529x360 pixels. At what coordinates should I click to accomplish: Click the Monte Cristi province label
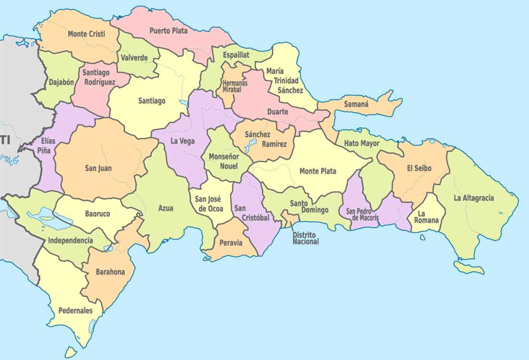(86, 34)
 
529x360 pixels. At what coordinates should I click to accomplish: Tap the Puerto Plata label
(168, 31)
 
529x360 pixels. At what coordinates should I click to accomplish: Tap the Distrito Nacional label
(305, 238)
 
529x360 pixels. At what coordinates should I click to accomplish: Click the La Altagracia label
(474, 198)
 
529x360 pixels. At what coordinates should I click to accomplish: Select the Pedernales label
(75, 311)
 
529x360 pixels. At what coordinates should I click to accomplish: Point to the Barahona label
(110, 272)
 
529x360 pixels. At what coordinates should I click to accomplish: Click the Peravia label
(231, 243)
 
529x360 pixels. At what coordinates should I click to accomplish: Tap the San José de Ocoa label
(211, 204)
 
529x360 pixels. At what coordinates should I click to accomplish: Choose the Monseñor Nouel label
(224, 161)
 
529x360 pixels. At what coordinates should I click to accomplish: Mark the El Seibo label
(419, 168)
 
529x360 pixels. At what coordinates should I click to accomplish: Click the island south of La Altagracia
(469, 267)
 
